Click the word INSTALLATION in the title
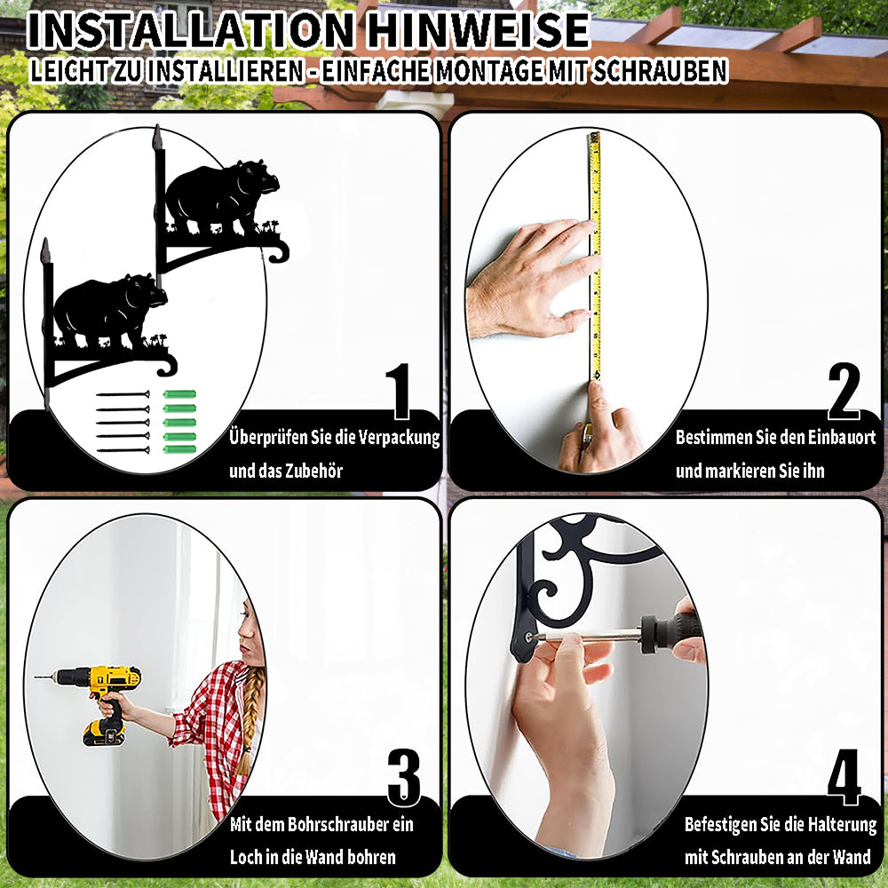coord(191,30)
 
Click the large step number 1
coord(399,391)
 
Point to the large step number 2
coord(844,391)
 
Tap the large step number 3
coord(404,777)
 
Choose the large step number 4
coord(844,777)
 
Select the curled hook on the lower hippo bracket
coord(167,364)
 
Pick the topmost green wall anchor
coord(180,394)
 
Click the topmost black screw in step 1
coord(123,394)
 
